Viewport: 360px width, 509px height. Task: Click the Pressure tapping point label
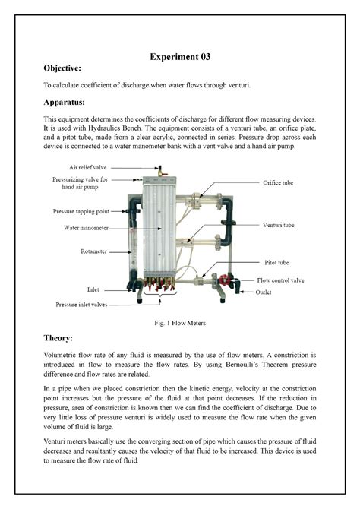pos(81,211)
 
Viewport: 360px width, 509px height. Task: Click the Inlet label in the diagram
pos(93,289)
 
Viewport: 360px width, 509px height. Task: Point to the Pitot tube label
pos(274,262)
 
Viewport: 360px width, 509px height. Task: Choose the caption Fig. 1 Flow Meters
pos(180,323)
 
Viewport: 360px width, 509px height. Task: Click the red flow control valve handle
pos(224,280)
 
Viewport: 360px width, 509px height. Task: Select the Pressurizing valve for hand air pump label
pos(81,182)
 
